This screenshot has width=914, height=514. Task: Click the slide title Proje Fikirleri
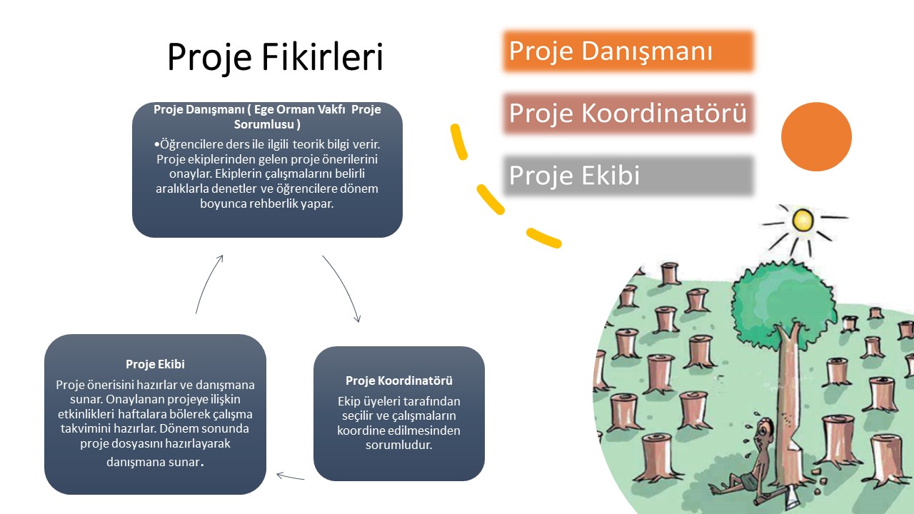point(275,57)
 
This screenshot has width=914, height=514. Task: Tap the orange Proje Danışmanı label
point(611,51)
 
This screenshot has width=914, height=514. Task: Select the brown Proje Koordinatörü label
point(628,113)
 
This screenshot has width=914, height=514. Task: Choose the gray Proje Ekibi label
point(574,176)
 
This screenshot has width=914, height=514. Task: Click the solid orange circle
point(816,136)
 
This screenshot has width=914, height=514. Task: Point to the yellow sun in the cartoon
point(803,218)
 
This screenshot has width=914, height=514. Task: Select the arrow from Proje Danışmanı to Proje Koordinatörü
point(343,287)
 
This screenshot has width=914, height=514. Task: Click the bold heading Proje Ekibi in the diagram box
point(155,365)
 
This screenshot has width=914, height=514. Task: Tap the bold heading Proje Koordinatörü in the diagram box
point(398,381)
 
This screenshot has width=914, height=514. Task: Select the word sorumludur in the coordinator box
point(398,445)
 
